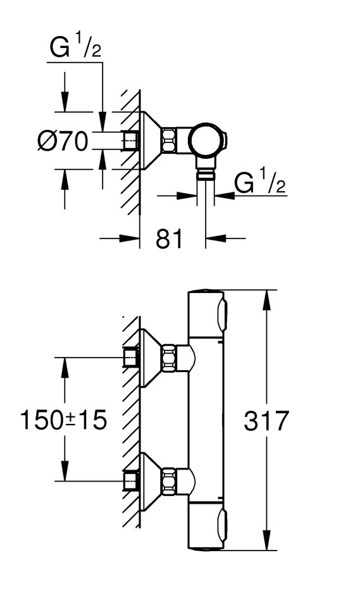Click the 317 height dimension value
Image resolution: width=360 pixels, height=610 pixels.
point(266,420)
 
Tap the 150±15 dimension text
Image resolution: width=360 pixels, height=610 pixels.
point(63,420)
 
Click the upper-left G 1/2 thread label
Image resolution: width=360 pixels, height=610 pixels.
point(75,47)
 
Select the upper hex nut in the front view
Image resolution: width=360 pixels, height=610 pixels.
point(169,358)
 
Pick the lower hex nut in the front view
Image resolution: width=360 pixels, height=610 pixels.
point(169,482)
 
